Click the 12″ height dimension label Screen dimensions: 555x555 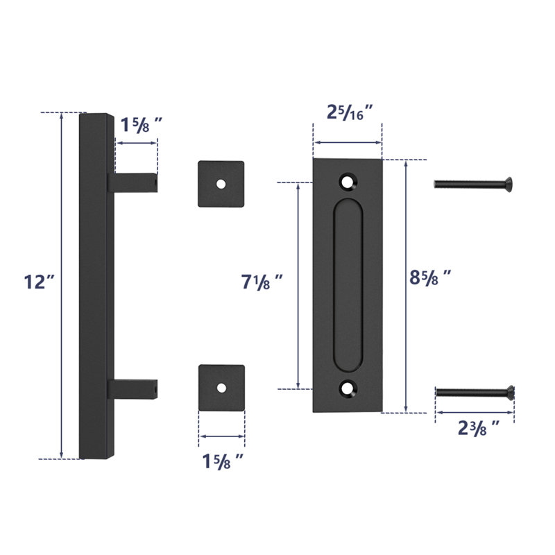[x=40, y=282]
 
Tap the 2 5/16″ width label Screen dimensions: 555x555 [x=350, y=112]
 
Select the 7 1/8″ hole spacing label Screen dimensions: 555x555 [x=262, y=282]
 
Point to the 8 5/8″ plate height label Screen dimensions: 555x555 [x=430, y=277]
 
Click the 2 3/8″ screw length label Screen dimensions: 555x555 [x=479, y=428]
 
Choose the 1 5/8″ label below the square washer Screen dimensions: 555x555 [x=223, y=461]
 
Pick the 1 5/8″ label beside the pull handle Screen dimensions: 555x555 [x=142, y=125]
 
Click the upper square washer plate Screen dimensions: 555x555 [x=221, y=184]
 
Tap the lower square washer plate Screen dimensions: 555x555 [x=221, y=388]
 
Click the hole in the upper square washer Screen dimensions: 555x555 [x=221, y=184]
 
